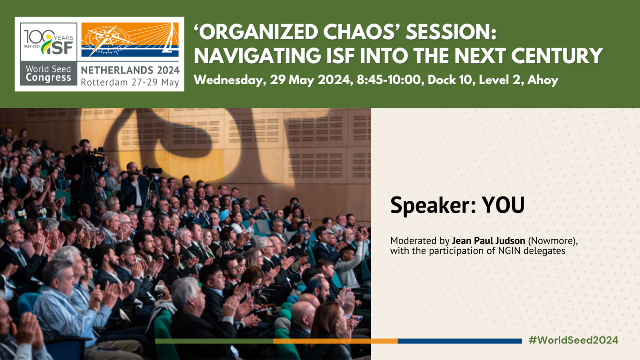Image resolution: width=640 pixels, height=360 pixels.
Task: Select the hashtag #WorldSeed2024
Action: [573, 340]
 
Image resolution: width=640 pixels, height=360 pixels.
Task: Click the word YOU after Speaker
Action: [503, 205]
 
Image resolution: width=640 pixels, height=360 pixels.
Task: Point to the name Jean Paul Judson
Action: [488, 241]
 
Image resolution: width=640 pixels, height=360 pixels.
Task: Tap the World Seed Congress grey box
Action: [48, 74]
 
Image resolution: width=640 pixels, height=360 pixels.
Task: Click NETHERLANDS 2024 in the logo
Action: [130, 70]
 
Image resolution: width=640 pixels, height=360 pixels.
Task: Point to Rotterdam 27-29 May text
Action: [130, 82]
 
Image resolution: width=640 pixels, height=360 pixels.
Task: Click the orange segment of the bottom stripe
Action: [335, 341]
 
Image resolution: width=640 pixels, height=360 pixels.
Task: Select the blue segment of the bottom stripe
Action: [460, 341]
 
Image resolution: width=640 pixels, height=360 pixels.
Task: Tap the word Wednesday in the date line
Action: [230, 80]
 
